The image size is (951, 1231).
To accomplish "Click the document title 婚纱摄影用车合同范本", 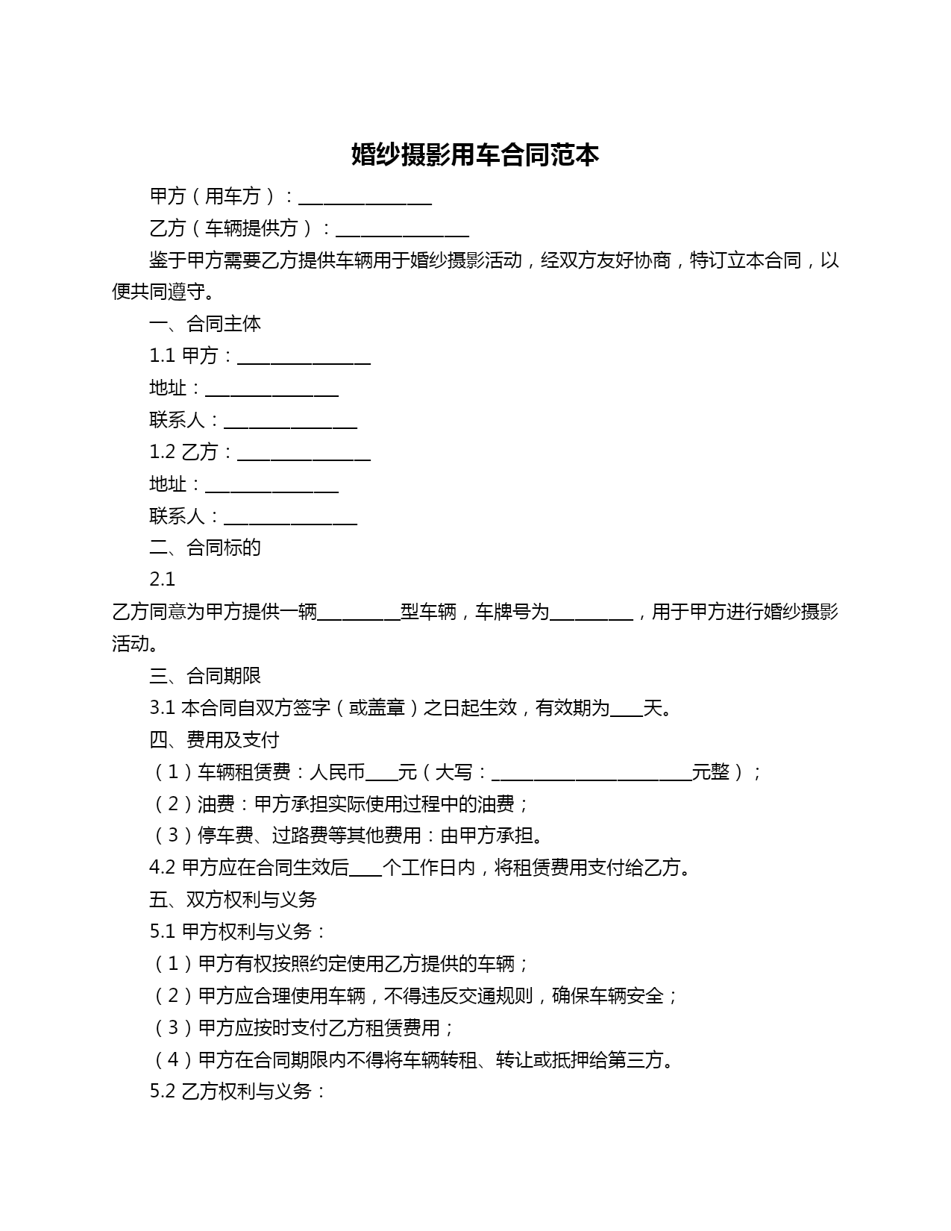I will tap(475, 155).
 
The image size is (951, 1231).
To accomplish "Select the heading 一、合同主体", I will tap(205, 324).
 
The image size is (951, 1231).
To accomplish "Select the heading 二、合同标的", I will tap(205, 548).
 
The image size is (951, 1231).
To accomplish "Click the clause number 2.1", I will tap(162, 580).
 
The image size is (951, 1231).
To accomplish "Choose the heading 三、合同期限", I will tap(205, 676).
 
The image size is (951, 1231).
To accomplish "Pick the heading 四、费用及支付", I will tap(214, 740).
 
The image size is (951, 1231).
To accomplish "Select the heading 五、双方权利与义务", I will tap(233, 900).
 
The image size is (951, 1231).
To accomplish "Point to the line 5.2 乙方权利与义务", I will tap(238, 1091).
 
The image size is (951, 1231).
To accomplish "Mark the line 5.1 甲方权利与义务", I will tap(238, 932).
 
